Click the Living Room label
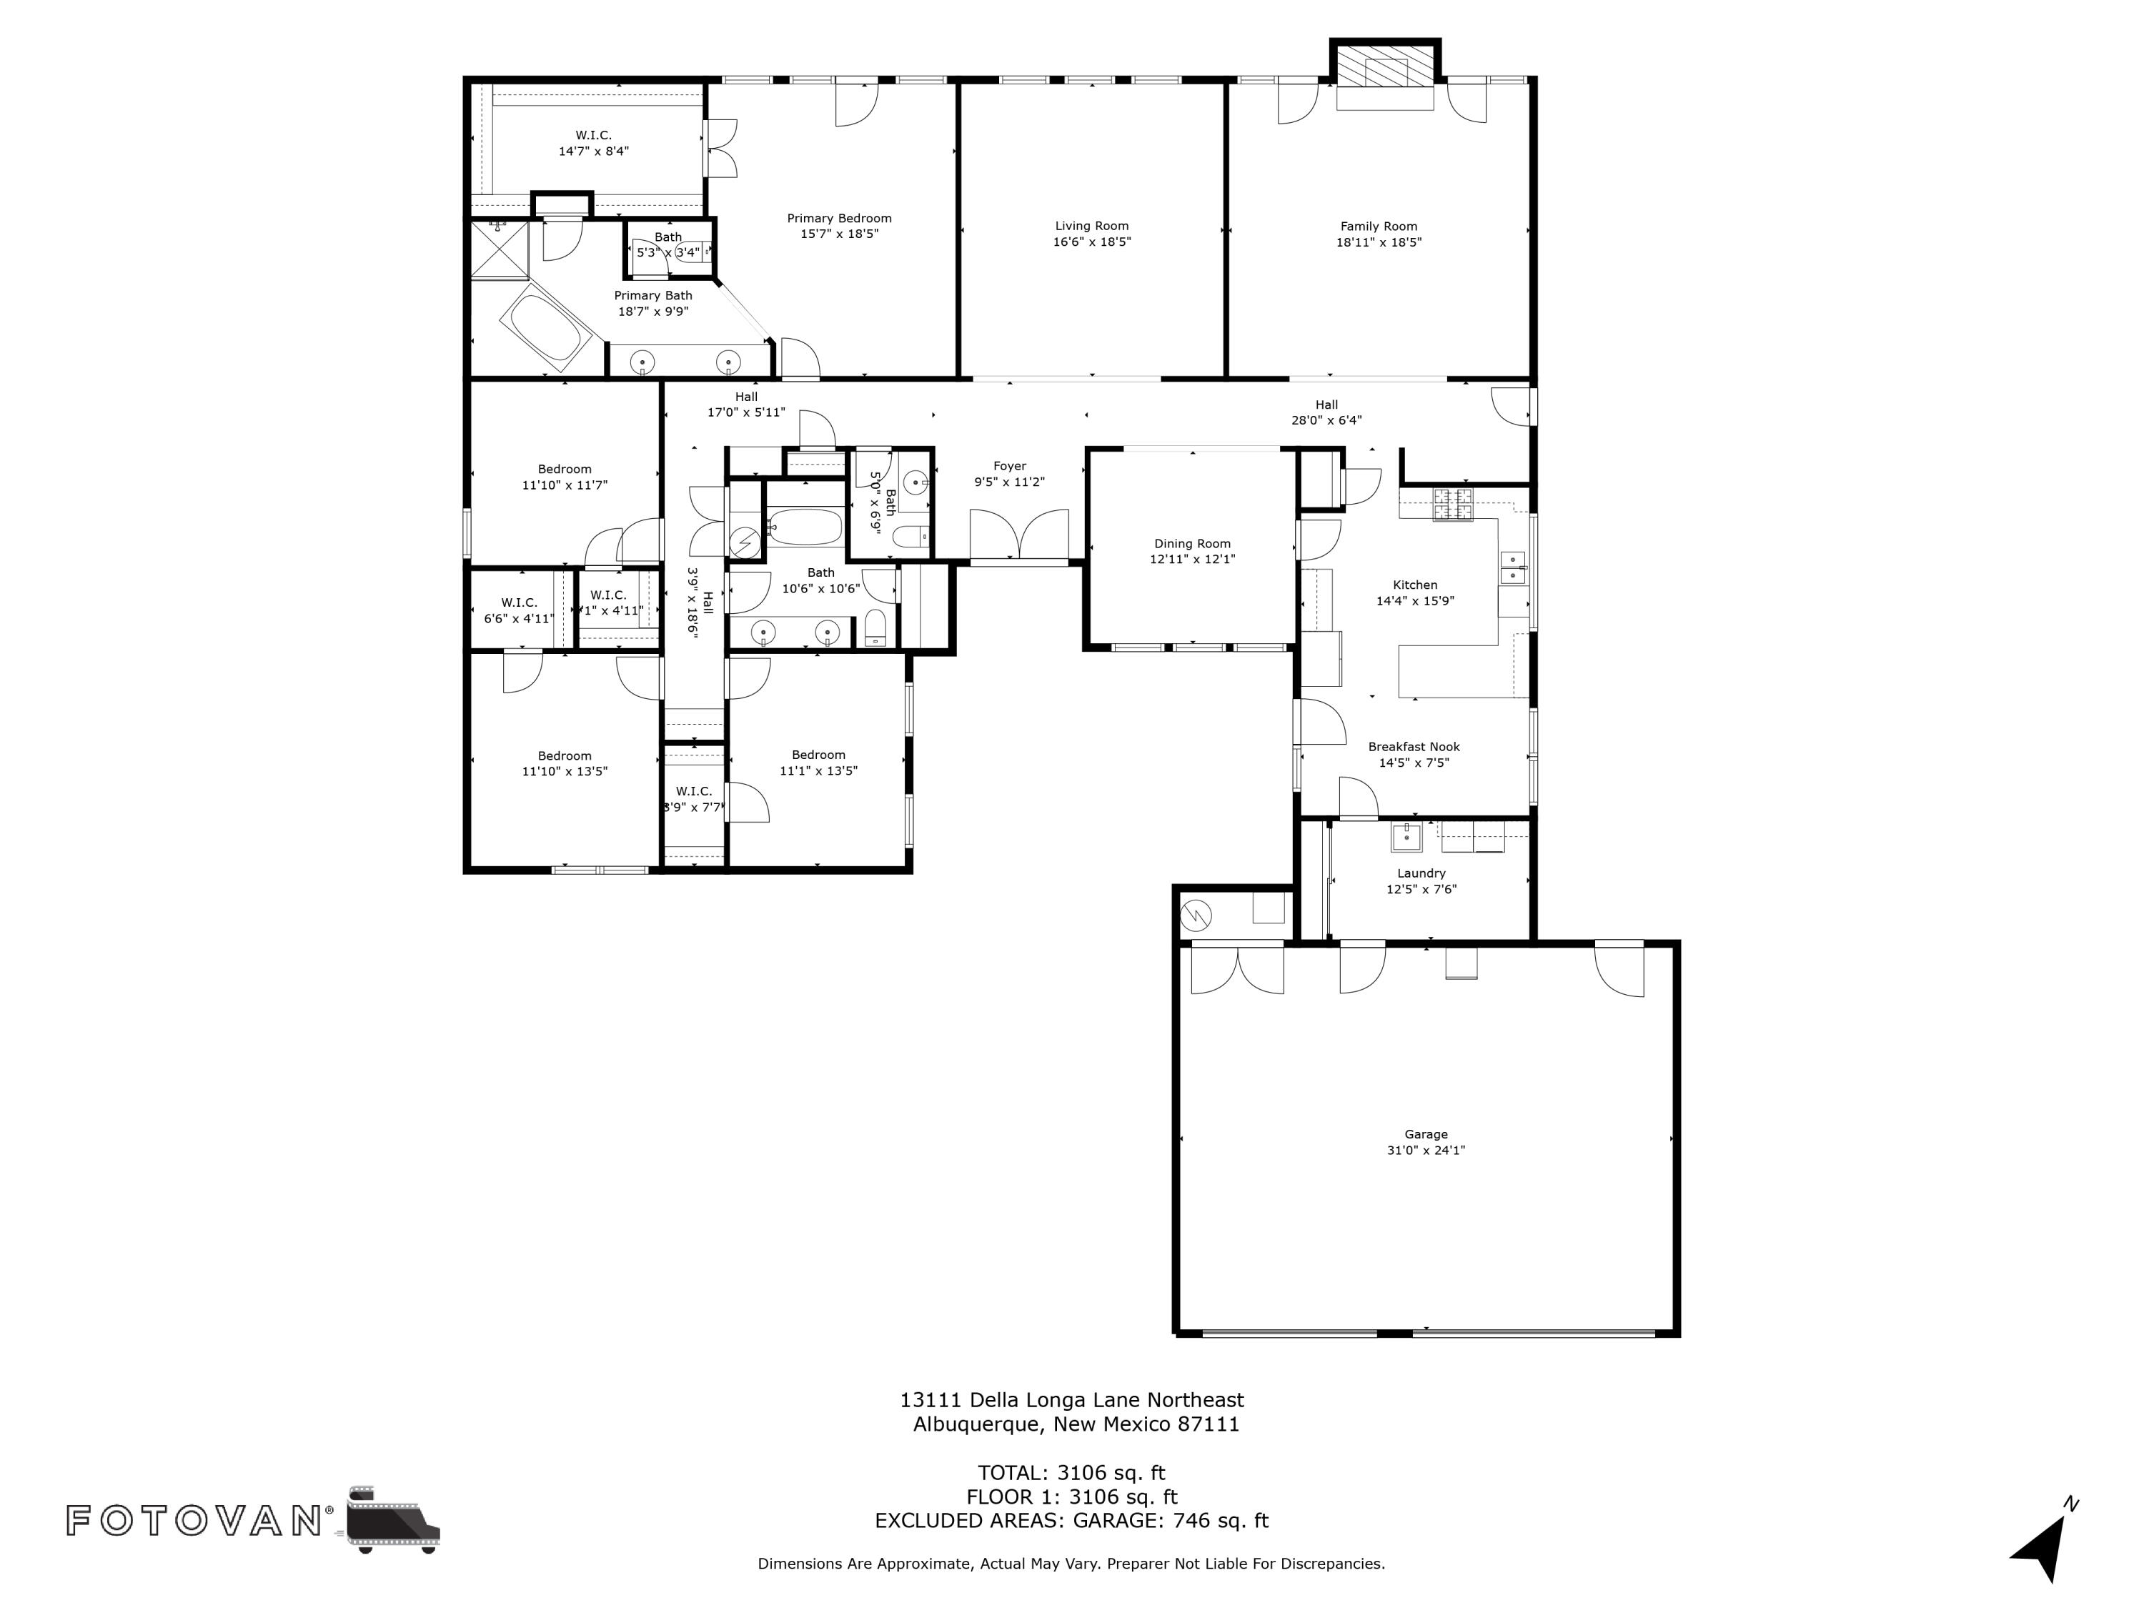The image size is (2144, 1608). [x=1091, y=226]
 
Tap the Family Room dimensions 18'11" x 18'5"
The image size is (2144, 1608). [x=1379, y=242]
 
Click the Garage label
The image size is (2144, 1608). [x=1426, y=1134]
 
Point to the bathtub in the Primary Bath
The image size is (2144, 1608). [x=546, y=327]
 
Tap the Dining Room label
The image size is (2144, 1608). [x=1192, y=544]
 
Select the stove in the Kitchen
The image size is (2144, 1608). [x=1453, y=504]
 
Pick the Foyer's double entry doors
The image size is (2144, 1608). [x=1018, y=535]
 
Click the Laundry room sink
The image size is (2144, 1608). [x=1406, y=836]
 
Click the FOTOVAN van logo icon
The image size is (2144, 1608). [x=392, y=1519]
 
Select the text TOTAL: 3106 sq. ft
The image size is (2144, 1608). [x=1071, y=1473]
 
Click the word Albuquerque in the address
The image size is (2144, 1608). [x=977, y=1424]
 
